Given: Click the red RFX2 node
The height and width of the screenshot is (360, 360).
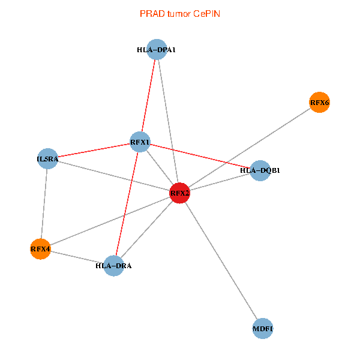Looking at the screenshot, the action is (x=179, y=193).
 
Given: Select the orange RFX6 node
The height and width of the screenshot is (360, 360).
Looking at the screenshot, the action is (x=319, y=103).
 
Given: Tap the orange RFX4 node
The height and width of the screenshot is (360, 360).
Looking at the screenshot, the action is (x=40, y=248).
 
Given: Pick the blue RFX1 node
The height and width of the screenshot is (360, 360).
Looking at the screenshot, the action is (x=140, y=142).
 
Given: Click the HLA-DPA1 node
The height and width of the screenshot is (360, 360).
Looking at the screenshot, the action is (x=156, y=50).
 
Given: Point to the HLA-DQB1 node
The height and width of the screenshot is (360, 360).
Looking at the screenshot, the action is (x=260, y=170).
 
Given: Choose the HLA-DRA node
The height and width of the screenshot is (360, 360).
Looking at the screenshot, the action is (x=113, y=265).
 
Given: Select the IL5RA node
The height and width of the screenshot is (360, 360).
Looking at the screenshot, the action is (x=47, y=159).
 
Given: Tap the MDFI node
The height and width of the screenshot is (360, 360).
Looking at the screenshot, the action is (x=263, y=329).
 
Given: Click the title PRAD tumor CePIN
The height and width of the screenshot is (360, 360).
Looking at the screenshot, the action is (x=179, y=13).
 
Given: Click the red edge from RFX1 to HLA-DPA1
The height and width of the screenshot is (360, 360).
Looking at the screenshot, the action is (x=148, y=96).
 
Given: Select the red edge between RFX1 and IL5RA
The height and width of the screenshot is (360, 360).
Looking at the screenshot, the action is (x=94, y=151).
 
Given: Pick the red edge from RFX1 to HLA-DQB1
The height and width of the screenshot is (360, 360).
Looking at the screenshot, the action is (x=200, y=156).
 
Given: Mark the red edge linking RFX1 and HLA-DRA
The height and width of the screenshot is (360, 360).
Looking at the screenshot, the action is (x=127, y=204).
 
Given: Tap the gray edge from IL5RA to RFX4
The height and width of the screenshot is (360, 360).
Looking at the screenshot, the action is (x=44, y=204).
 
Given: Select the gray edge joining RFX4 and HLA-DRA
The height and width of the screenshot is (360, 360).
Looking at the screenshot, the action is (x=77, y=257).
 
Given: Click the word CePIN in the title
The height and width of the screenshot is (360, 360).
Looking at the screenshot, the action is (x=206, y=13).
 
